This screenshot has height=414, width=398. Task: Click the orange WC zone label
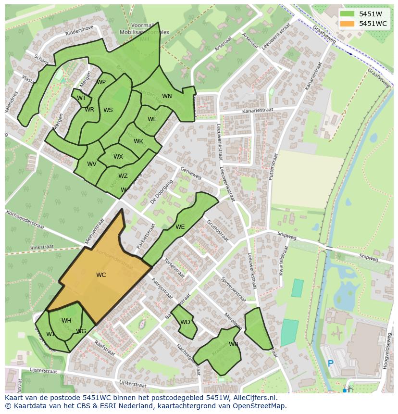[x=101, y=275]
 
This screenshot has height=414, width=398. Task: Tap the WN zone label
[x=167, y=96]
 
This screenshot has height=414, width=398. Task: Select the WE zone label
[x=180, y=227]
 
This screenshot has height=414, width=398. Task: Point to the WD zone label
[x=185, y=322]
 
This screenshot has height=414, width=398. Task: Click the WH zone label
[x=66, y=321]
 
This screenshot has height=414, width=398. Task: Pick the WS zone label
[x=108, y=110]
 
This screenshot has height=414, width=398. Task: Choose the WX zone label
[x=118, y=157]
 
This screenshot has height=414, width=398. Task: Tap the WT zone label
[x=81, y=98]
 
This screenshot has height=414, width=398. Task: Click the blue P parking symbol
[x=330, y=364]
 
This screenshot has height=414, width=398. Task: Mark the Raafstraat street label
[x=104, y=348]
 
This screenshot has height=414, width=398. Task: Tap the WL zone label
[x=152, y=119]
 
